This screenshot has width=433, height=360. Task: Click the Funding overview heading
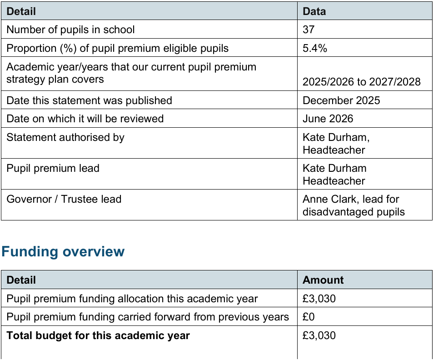click(x=63, y=252)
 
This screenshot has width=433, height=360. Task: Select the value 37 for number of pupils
click(x=309, y=30)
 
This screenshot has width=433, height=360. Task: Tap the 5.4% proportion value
click(x=315, y=48)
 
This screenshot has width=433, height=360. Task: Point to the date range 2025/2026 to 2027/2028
click(x=362, y=82)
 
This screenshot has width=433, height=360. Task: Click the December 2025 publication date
click(x=341, y=100)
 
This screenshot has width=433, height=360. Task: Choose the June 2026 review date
click(x=328, y=119)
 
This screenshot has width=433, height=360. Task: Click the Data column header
click(x=314, y=11)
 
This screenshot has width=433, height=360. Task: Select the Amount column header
click(x=323, y=280)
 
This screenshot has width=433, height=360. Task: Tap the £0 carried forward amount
click(x=309, y=317)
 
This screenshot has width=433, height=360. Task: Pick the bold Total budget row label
click(x=98, y=336)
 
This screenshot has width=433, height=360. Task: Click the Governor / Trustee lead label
click(x=64, y=199)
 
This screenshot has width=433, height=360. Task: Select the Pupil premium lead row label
click(x=53, y=168)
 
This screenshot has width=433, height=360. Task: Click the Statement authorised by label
click(x=65, y=137)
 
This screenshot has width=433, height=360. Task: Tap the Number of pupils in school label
click(x=70, y=30)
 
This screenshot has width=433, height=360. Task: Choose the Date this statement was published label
click(x=89, y=100)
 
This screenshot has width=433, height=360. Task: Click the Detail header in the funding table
click(x=21, y=280)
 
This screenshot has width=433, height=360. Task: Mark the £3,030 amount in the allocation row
click(x=319, y=299)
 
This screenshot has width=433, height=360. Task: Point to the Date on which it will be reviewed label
click(x=85, y=119)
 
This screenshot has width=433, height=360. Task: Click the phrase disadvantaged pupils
click(x=353, y=212)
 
